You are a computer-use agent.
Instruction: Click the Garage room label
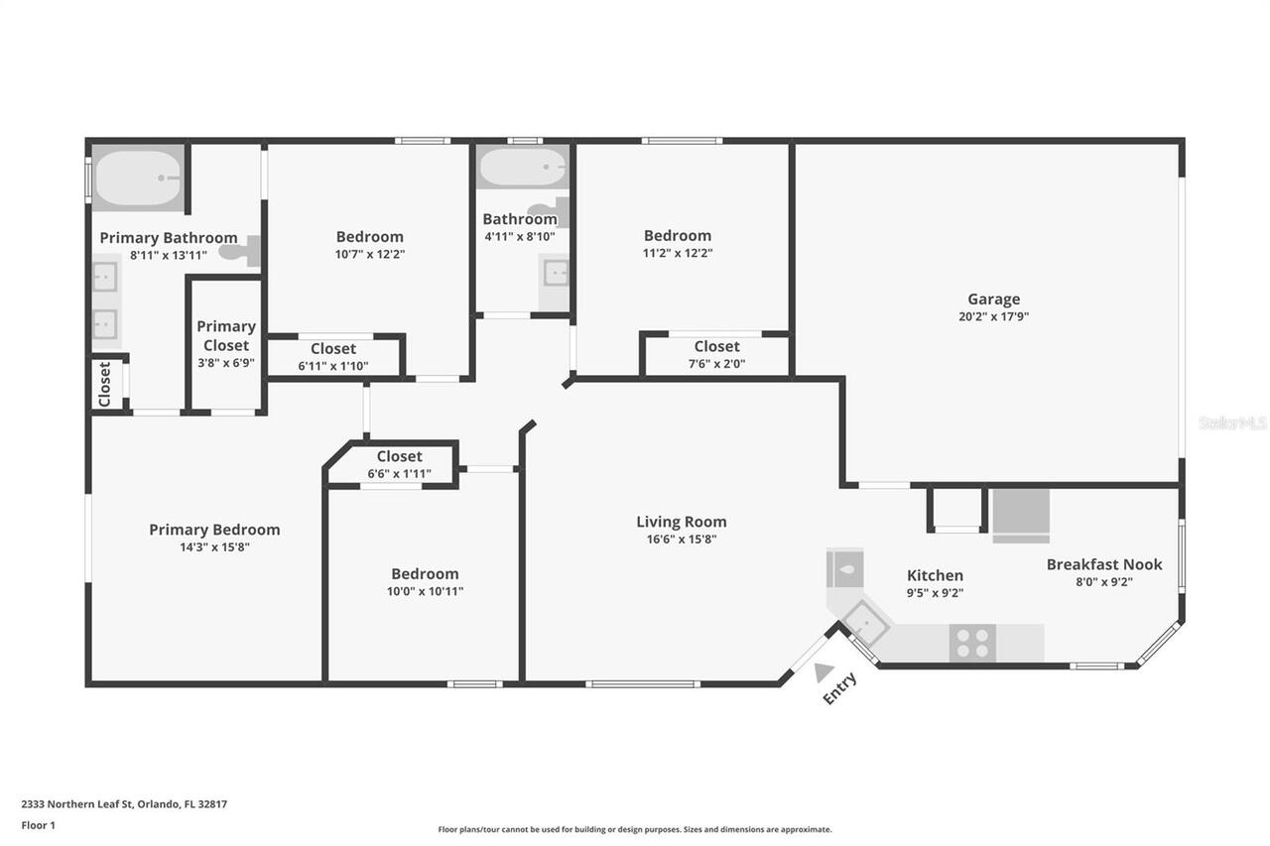[993, 299]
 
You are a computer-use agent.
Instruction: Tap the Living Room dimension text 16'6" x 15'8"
[681, 540]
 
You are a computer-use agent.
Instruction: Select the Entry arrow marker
[823, 672]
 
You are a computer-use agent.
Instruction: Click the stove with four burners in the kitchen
[972, 643]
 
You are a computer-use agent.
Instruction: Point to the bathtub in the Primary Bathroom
[138, 179]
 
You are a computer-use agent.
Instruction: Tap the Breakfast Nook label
[1103, 564]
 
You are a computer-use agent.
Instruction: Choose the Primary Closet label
[226, 335]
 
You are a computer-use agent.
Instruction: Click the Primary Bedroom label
[214, 530]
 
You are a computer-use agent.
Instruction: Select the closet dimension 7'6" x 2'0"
[716, 364]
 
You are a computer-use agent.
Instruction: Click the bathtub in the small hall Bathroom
[522, 168]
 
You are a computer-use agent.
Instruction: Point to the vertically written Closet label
[105, 383]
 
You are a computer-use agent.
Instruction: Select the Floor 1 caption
[39, 825]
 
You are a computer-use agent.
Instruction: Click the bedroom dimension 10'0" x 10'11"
[425, 591]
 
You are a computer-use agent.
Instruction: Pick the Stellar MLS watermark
[1232, 423]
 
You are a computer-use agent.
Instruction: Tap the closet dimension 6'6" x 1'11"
[399, 474]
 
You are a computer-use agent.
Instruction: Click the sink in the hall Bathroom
[556, 273]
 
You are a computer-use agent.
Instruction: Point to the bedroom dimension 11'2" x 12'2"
[678, 253]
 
